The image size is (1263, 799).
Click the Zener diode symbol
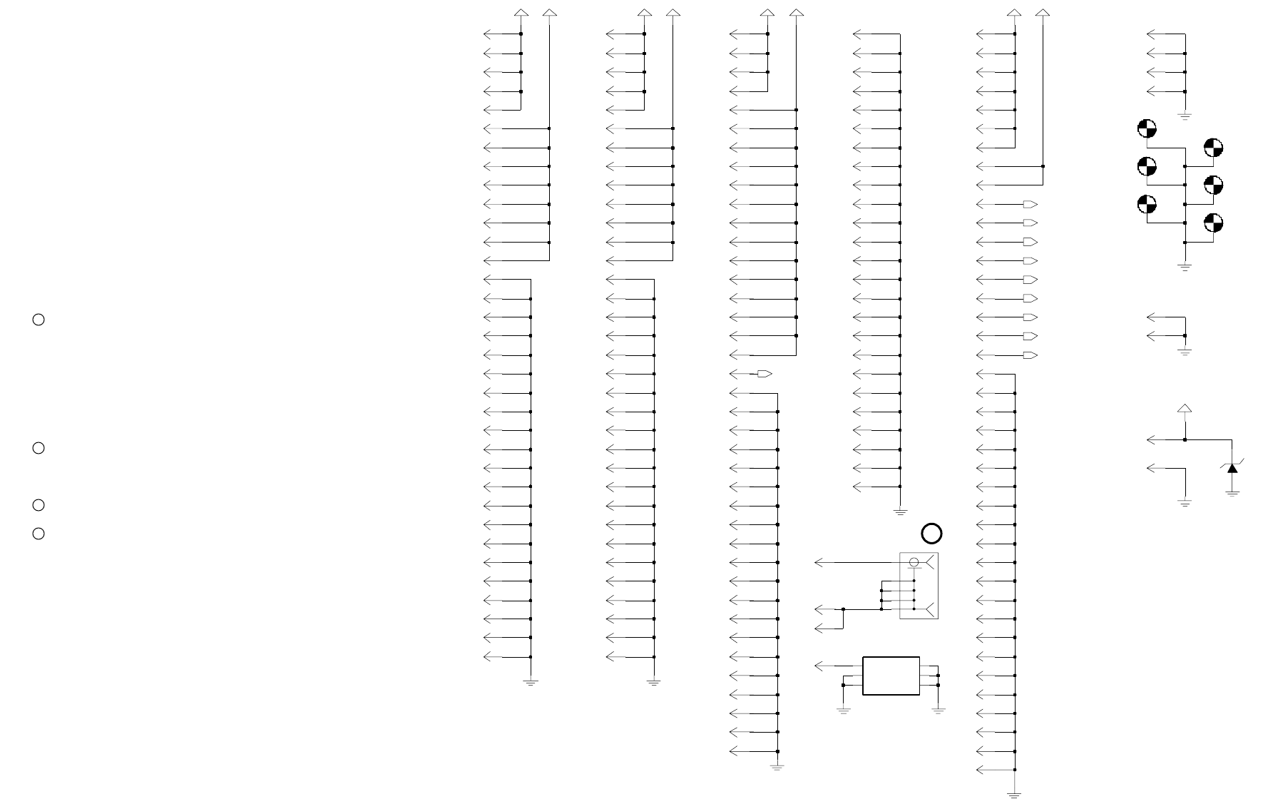[x=1232, y=467]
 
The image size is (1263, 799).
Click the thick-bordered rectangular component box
[x=891, y=676]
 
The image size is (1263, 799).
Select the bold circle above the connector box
[x=931, y=534]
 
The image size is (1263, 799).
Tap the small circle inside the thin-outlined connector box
[x=914, y=563]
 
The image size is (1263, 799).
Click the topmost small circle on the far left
[x=39, y=320]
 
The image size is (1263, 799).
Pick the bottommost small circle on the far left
[x=39, y=534]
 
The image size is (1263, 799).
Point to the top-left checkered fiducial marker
[x=1147, y=129]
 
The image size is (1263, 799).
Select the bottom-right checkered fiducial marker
[x=1213, y=223]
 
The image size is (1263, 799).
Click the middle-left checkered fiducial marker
[x=1147, y=167]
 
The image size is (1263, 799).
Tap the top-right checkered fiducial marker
[x=1213, y=148]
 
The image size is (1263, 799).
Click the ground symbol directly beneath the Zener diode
[x=1232, y=493]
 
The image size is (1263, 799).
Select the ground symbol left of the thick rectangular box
[x=843, y=710]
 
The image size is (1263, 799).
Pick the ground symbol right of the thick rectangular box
[x=939, y=710]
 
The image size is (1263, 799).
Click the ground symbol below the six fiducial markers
[x=1185, y=268]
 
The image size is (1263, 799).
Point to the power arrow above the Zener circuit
[x=1185, y=409]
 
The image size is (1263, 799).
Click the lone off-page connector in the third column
[x=765, y=374]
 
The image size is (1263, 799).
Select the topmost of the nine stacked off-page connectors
[x=1030, y=205]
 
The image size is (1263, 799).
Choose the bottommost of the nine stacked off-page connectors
[x=1030, y=355]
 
